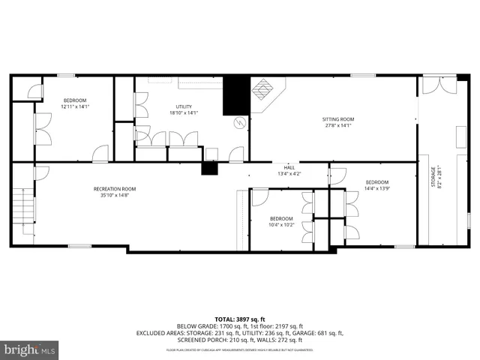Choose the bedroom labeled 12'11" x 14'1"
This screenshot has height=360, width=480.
coord(74,103)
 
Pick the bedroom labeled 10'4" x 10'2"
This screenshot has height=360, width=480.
coord(281,221)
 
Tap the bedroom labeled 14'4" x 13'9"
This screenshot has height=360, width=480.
coord(376,185)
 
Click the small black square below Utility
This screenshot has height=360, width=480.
coord(208,167)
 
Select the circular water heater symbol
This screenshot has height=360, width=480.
coord(240,122)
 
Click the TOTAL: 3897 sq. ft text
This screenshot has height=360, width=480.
coord(240,319)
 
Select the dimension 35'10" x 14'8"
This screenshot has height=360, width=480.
coord(114,195)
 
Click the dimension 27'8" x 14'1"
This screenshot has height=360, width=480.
coord(337,126)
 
